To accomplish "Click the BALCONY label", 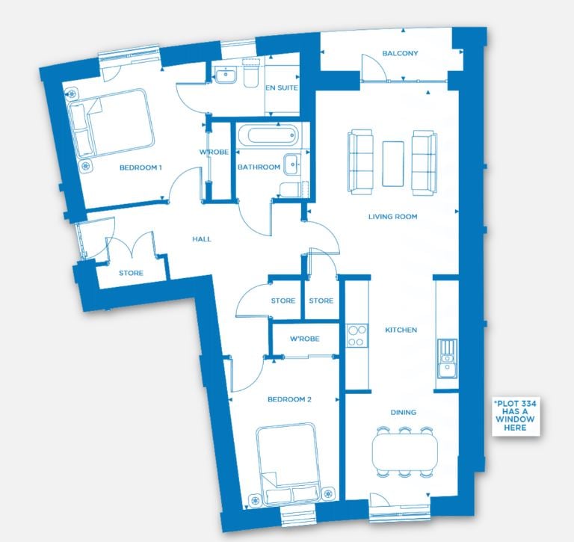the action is pyautogui.click(x=400, y=54).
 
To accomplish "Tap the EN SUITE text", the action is pyautogui.click(x=282, y=88).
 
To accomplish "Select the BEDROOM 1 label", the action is pyautogui.click(x=141, y=167).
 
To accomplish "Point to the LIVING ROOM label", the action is pyautogui.click(x=393, y=217).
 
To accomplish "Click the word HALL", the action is pyautogui.click(x=202, y=239).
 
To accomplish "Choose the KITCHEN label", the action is pyautogui.click(x=401, y=330).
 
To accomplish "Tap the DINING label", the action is pyautogui.click(x=403, y=413).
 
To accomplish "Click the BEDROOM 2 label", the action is pyautogui.click(x=289, y=399).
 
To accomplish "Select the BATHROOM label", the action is pyautogui.click(x=259, y=167).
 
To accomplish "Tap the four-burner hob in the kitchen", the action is pyautogui.click(x=357, y=336).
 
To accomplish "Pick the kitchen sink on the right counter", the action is pyautogui.click(x=447, y=359).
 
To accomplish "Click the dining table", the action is pyautogui.click(x=405, y=452).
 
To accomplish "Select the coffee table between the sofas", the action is pyautogui.click(x=393, y=163).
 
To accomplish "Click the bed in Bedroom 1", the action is pyautogui.click(x=111, y=123).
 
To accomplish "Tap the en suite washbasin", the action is pyautogui.click(x=226, y=75).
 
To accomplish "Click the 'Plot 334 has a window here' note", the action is pyautogui.click(x=515, y=416).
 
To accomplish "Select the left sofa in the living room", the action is pyautogui.click(x=360, y=161).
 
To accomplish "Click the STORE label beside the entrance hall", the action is pyautogui.click(x=131, y=273).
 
